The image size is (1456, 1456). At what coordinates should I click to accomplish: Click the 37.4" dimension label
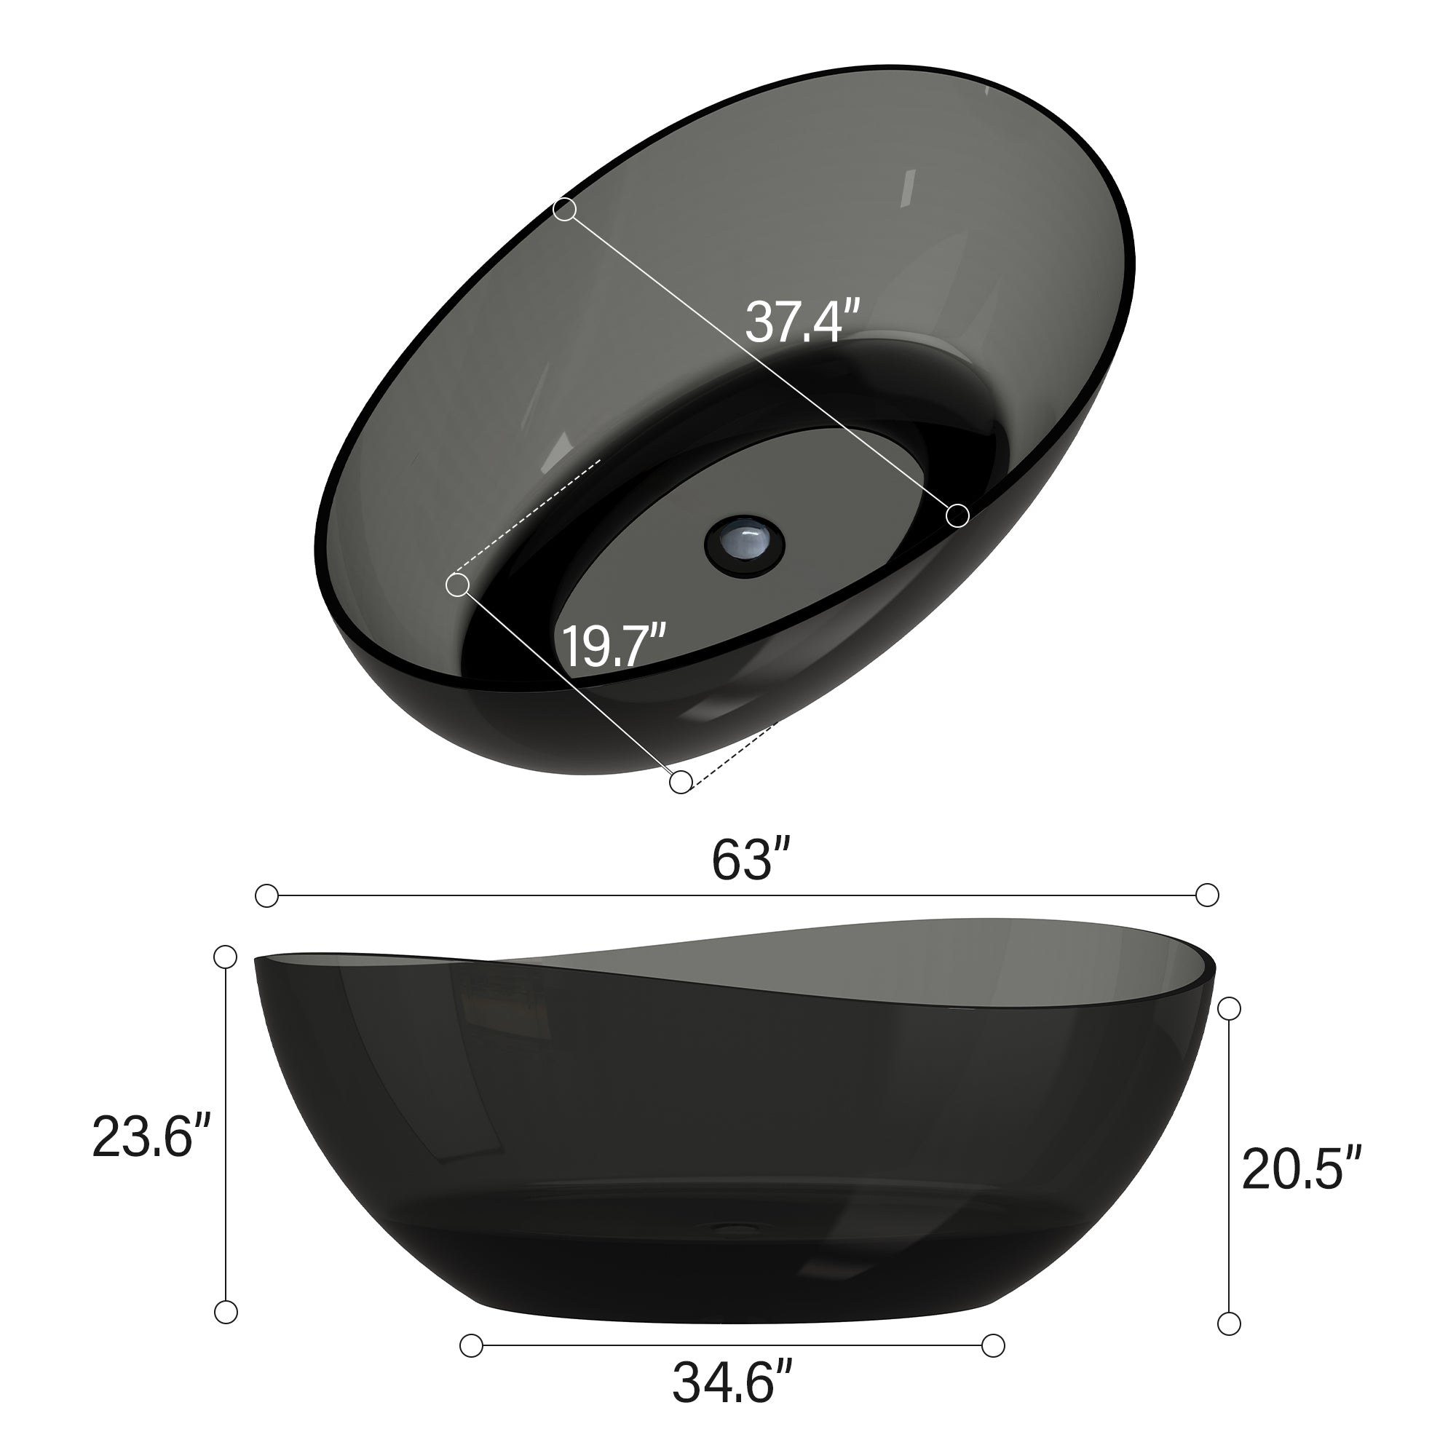(802, 322)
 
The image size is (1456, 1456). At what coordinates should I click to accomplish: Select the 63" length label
(751, 860)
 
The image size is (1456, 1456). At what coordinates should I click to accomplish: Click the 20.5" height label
(1301, 1169)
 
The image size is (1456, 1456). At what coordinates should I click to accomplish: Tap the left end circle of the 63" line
(266, 896)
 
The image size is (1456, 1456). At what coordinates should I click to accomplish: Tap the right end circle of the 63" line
(1207, 895)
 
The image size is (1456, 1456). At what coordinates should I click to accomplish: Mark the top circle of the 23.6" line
(226, 957)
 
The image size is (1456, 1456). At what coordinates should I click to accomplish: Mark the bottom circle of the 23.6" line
(226, 1312)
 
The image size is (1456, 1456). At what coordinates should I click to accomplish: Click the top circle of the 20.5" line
(1229, 1008)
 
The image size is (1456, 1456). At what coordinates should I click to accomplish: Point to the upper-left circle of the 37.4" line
(564, 210)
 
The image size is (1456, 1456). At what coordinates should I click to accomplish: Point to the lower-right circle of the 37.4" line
(958, 515)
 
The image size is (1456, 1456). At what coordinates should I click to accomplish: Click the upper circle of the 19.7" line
(457, 585)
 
